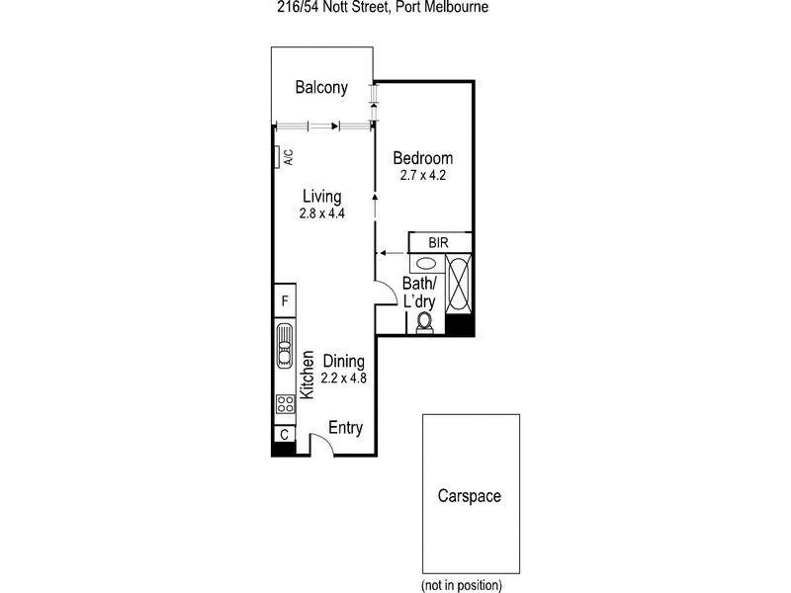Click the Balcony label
tap(321, 88)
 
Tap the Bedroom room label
tap(422, 158)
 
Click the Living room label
tap(321, 195)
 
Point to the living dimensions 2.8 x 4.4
tap(321, 212)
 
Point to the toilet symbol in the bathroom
tap(425, 323)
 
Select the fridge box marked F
tap(284, 300)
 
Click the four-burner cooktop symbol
tap(284, 403)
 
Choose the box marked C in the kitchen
tap(284, 434)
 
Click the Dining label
tap(344, 361)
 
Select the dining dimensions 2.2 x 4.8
tap(344, 378)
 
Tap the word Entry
tap(346, 429)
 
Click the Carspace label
tap(470, 496)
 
